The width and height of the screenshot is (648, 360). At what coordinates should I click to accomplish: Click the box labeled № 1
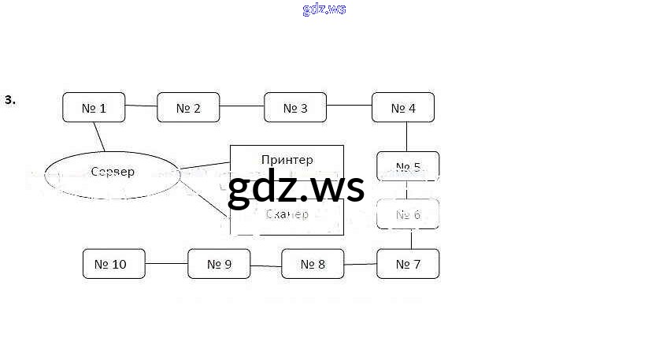pos(94,107)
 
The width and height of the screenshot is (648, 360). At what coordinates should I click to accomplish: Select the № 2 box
pos(188,107)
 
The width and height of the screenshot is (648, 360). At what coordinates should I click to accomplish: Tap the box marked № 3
pos(295,107)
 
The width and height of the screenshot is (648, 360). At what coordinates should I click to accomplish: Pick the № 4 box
pos(403,107)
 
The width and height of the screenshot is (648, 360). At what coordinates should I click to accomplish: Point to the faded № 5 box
pos(408,166)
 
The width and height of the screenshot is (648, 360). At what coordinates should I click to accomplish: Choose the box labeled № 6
pos(408,213)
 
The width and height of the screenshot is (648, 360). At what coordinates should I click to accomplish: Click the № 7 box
pos(408,264)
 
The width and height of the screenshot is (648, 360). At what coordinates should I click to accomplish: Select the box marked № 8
pos(313,264)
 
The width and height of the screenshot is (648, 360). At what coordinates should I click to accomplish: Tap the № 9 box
pos(219,264)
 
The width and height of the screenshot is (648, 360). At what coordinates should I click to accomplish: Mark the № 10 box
pos(115,264)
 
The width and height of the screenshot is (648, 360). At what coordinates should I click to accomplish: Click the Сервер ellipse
pos(113,173)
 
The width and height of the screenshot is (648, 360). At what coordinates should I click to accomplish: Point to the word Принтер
pos(287,159)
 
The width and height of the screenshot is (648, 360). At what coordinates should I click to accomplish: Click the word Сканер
pos(287,213)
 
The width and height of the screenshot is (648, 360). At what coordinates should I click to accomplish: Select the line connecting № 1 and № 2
pos(142,106)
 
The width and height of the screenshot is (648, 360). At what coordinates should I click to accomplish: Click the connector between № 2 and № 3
pos(242,106)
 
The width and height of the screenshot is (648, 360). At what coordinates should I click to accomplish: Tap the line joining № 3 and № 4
pos(349,106)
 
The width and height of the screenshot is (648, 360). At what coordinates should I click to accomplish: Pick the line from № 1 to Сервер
pos(99,136)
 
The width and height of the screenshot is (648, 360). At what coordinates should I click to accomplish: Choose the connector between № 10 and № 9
pos(167,264)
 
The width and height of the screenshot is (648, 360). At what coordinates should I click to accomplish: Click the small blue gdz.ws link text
pos(324,9)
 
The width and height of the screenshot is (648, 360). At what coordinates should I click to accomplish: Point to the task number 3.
pos(10,100)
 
